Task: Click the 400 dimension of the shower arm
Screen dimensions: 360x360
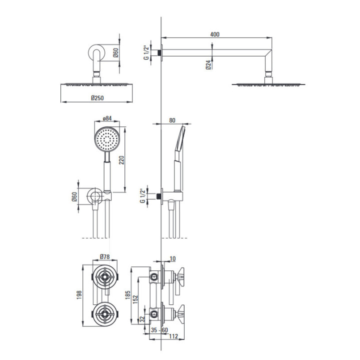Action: (x=215, y=34)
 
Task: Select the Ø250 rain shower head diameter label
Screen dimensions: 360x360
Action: (x=98, y=98)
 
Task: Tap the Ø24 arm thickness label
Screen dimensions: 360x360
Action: (x=207, y=64)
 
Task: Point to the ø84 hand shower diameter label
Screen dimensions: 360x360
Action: (x=106, y=118)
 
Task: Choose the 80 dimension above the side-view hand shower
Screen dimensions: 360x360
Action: (x=172, y=120)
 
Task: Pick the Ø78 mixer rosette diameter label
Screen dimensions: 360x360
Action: (x=104, y=257)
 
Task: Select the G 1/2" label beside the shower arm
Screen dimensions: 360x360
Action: (x=146, y=51)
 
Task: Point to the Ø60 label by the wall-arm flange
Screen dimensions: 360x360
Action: (x=115, y=52)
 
